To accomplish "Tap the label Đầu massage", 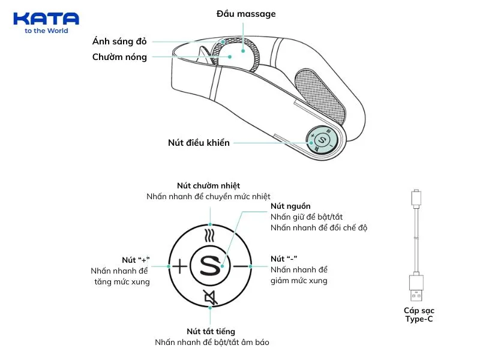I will click(246, 13).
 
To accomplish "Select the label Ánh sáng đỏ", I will click(119, 41).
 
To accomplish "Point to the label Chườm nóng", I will click(119, 57).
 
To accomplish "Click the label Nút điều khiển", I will click(199, 143).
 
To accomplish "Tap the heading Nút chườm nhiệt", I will click(208, 185).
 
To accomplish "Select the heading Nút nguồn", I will click(290, 206).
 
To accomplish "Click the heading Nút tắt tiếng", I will click(211, 331).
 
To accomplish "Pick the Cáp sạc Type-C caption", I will click(418, 314).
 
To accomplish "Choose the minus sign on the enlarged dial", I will click(241, 265).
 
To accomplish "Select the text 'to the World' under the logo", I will click(46, 31).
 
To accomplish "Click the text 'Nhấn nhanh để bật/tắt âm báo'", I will click(212, 343).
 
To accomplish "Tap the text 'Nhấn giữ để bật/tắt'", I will click(307, 217).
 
